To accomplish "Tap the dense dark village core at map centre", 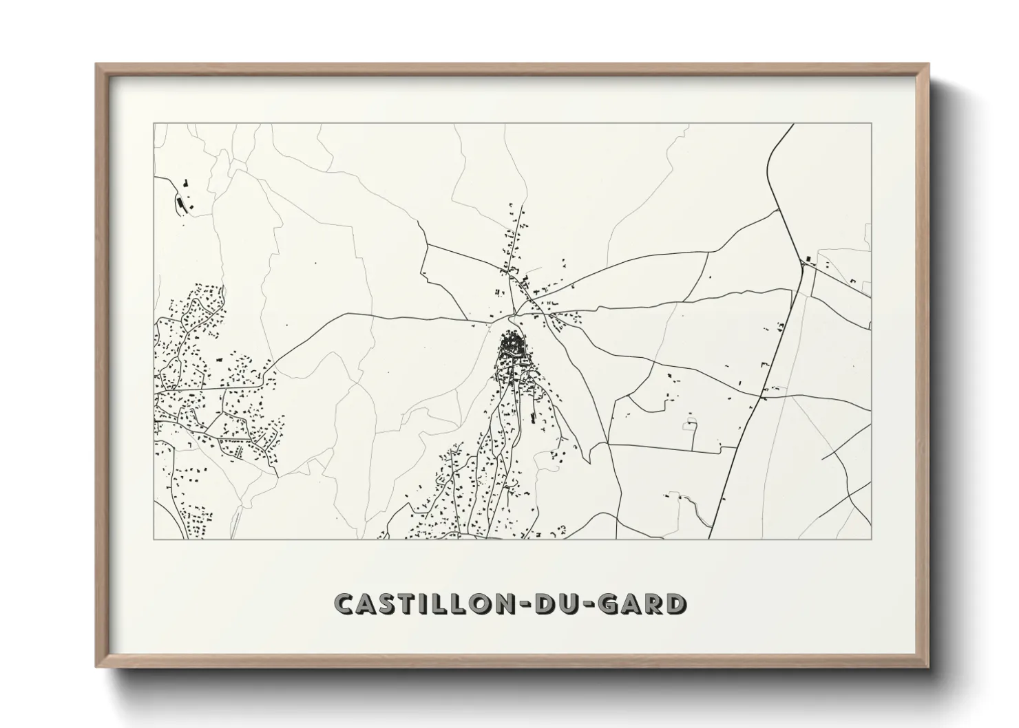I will pyautogui.click(x=514, y=344).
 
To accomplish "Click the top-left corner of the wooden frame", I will pyautogui.click(x=97, y=65).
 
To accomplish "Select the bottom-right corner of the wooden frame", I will pyautogui.click(x=927, y=666).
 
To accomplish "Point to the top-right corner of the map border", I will pyautogui.click(x=871, y=124).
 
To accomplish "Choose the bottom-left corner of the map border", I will pyautogui.click(x=154, y=539).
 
